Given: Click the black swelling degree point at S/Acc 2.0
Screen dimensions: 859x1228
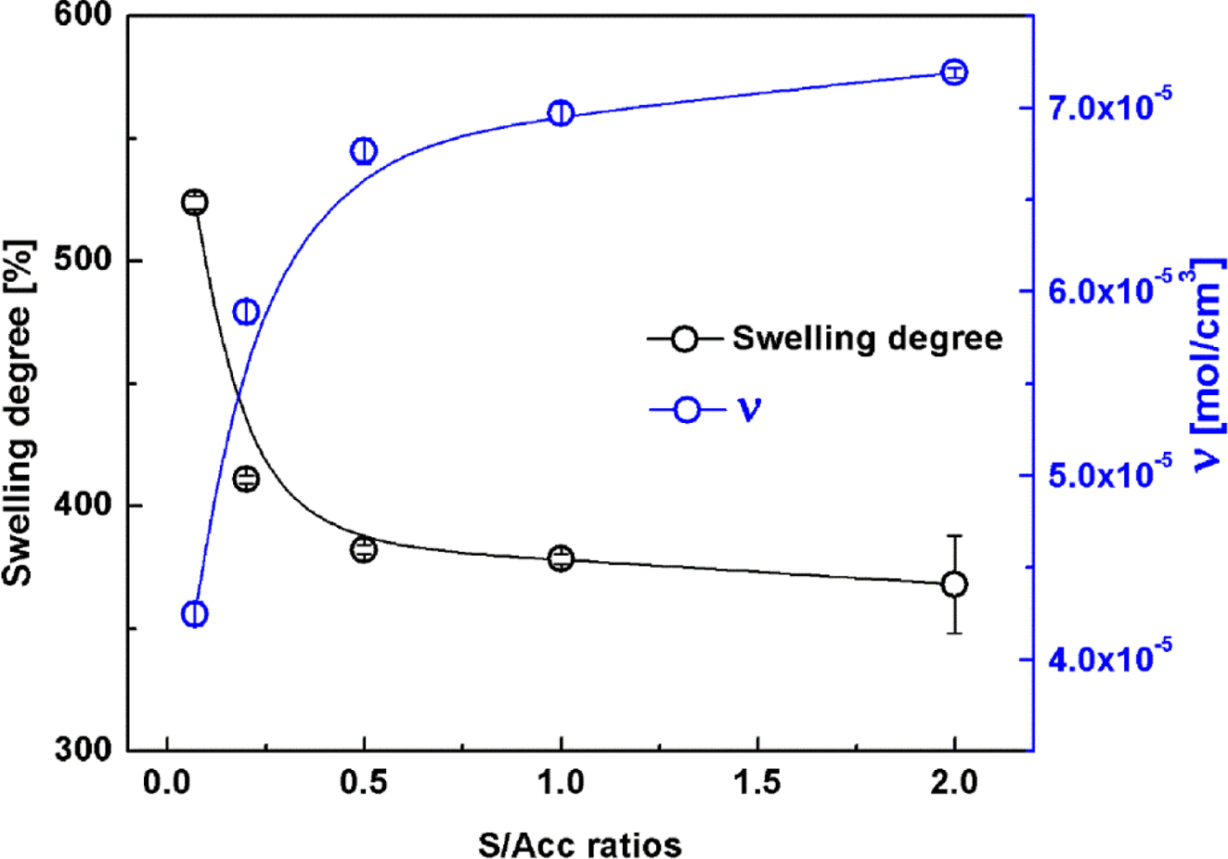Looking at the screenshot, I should [x=954, y=584].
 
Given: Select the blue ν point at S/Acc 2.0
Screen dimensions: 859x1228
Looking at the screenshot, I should [x=954, y=72].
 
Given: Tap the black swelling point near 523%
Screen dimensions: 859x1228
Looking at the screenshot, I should [x=194, y=202].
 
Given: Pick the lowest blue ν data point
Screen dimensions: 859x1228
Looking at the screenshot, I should [x=194, y=614].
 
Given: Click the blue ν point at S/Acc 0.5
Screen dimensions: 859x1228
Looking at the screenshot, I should [x=363, y=151].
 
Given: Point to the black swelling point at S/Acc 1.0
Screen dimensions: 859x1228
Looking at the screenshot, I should [x=561, y=558].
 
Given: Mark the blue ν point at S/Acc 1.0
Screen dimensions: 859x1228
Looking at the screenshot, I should [x=561, y=113].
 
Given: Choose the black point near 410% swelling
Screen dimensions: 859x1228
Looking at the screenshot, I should [x=246, y=479].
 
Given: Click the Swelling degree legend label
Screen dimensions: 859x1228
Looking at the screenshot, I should [x=867, y=339].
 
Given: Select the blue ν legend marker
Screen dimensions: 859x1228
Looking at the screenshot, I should [x=686, y=409].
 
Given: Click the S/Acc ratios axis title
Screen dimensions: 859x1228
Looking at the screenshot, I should [x=580, y=844].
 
